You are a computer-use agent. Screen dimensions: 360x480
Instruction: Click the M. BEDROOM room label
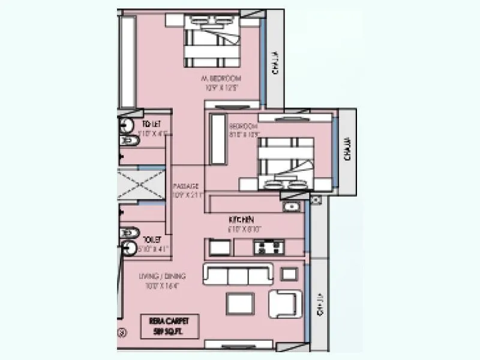(x=221, y=79)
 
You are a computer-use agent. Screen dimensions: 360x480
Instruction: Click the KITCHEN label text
(x=241, y=220)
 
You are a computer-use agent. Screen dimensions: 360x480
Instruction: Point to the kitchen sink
(x=292, y=206)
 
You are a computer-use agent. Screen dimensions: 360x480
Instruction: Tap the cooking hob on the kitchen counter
(x=268, y=247)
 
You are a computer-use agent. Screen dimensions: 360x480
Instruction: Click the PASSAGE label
(x=187, y=186)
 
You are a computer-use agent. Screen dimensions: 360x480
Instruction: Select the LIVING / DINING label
(x=162, y=276)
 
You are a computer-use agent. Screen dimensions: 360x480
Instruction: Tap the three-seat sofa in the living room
(x=238, y=274)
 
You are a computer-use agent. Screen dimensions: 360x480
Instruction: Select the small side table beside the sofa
(x=289, y=274)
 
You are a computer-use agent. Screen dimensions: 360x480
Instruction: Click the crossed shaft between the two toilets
(x=141, y=184)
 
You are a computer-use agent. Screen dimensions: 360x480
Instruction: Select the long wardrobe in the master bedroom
(x=128, y=61)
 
